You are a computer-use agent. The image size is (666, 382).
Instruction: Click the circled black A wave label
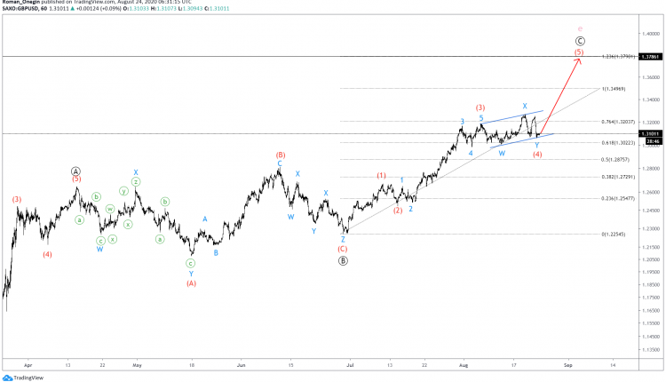point(76,171)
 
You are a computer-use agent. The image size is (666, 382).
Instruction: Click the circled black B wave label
point(344,260)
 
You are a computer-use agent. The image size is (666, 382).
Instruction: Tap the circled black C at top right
point(580,41)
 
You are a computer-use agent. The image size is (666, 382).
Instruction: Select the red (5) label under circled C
point(579,52)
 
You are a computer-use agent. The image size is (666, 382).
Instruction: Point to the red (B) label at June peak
point(280,155)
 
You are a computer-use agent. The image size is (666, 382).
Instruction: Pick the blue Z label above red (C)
point(343,239)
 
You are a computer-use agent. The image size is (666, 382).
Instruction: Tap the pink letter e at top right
point(580,29)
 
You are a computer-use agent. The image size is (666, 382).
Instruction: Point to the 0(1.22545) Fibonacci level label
point(616,235)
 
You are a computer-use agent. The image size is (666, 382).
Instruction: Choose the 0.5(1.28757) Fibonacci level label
point(616,160)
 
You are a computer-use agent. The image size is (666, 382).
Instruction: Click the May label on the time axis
point(137,364)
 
